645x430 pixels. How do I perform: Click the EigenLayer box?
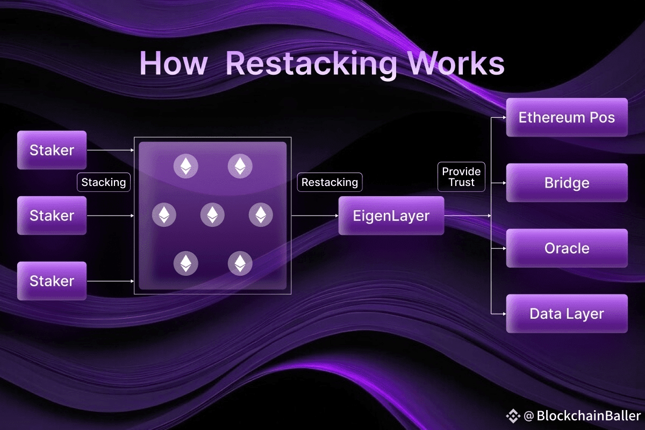[391, 216]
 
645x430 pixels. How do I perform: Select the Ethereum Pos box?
[567, 117]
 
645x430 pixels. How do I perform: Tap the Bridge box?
[567, 183]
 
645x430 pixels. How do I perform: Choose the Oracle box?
[567, 248]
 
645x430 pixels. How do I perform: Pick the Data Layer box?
[567, 313]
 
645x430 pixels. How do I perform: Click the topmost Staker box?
[52, 150]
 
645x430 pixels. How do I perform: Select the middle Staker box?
[52, 216]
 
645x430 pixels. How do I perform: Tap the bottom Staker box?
[52, 281]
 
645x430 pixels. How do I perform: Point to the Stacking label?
[104, 182]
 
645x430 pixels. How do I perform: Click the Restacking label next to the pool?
[329, 182]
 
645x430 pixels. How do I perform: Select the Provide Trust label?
[461, 177]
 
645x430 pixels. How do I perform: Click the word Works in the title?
[456, 63]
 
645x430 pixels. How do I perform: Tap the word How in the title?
[174, 63]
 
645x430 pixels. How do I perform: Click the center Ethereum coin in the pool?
[212, 214]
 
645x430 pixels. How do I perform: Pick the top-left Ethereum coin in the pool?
[186, 166]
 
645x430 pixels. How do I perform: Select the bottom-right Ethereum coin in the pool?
[240, 263]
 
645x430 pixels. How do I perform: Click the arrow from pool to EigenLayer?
[315, 216]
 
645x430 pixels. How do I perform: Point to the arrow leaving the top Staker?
[111, 150]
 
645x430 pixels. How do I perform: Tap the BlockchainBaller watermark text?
[589, 415]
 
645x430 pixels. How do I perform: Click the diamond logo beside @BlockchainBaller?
[513, 416]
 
